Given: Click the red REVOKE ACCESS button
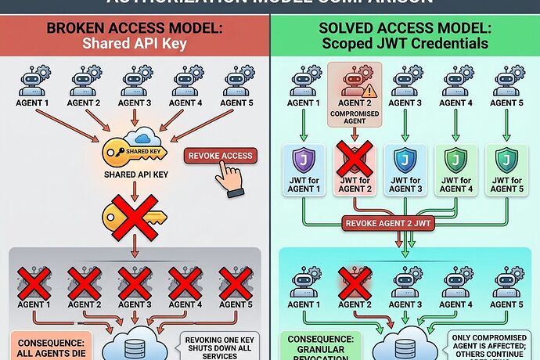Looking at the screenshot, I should tap(221, 156).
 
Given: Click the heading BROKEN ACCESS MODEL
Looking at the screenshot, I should tap(135, 28).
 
